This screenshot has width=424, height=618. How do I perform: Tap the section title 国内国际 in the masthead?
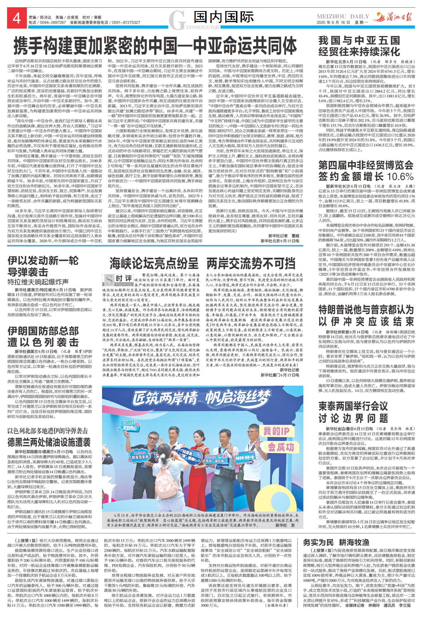pyautogui.click(x=224, y=17)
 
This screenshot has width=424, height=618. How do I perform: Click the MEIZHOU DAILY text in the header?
pyautogui.click(x=343, y=16)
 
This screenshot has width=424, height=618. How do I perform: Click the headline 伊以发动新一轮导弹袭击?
pyautogui.click(x=43, y=266)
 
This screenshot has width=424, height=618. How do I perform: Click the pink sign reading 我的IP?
pyautogui.click(x=276, y=431)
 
